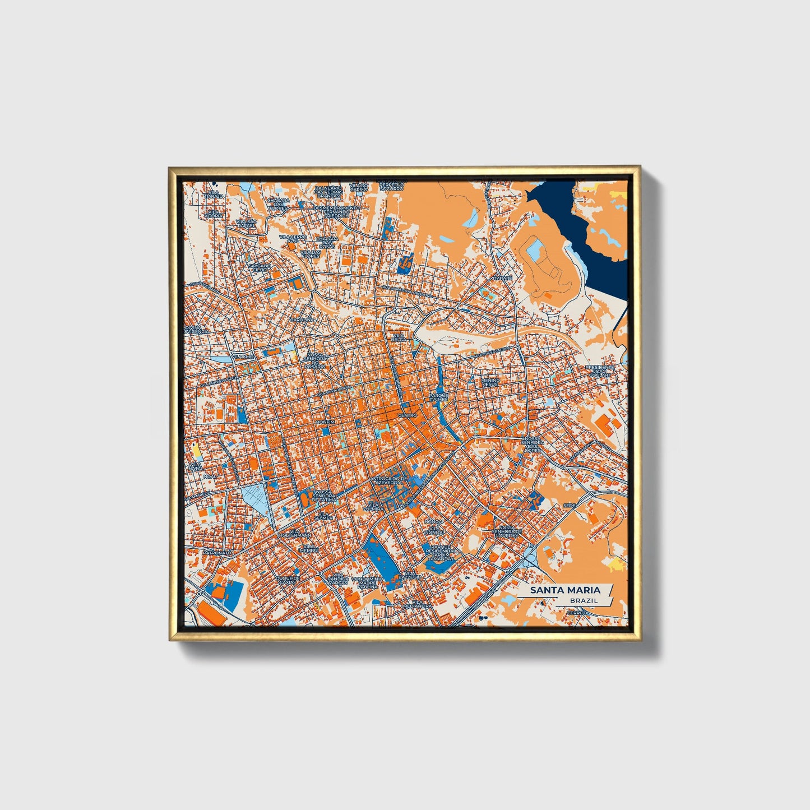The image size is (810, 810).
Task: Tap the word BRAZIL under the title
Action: click(583, 600)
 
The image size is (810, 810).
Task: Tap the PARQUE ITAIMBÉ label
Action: click(439, 397)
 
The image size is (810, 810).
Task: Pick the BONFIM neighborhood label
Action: click(325, 421)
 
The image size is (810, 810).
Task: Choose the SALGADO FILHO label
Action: click(260, 267)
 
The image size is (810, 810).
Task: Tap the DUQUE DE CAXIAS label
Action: click(289, 580)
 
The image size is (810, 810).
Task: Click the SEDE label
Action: click(570, 505)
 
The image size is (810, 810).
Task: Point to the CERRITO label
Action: click(577, 613)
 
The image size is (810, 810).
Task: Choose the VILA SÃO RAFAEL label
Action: click(246, 223)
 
